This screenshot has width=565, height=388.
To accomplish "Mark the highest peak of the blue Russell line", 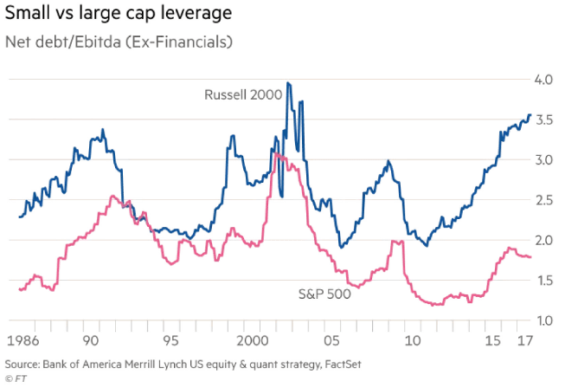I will (x=288, y=83).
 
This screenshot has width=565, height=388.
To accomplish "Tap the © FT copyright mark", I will (x=15, y=378).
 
